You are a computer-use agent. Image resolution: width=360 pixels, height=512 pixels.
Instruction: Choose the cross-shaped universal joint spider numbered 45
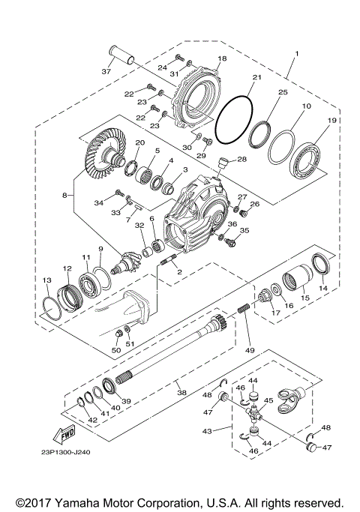point(258,410)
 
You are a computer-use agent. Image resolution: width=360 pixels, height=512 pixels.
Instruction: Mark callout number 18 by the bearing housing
point(221,58)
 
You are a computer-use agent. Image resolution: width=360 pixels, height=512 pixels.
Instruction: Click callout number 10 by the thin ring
point(306,107)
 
